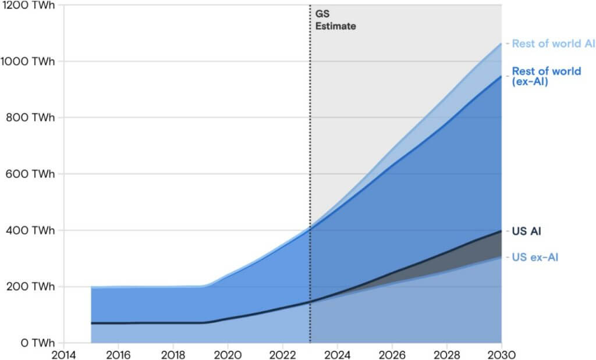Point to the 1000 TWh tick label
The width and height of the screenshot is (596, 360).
27,61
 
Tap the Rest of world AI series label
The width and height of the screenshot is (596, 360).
553,44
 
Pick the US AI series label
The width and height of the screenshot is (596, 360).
527,231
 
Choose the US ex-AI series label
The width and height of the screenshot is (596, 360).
535,257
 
